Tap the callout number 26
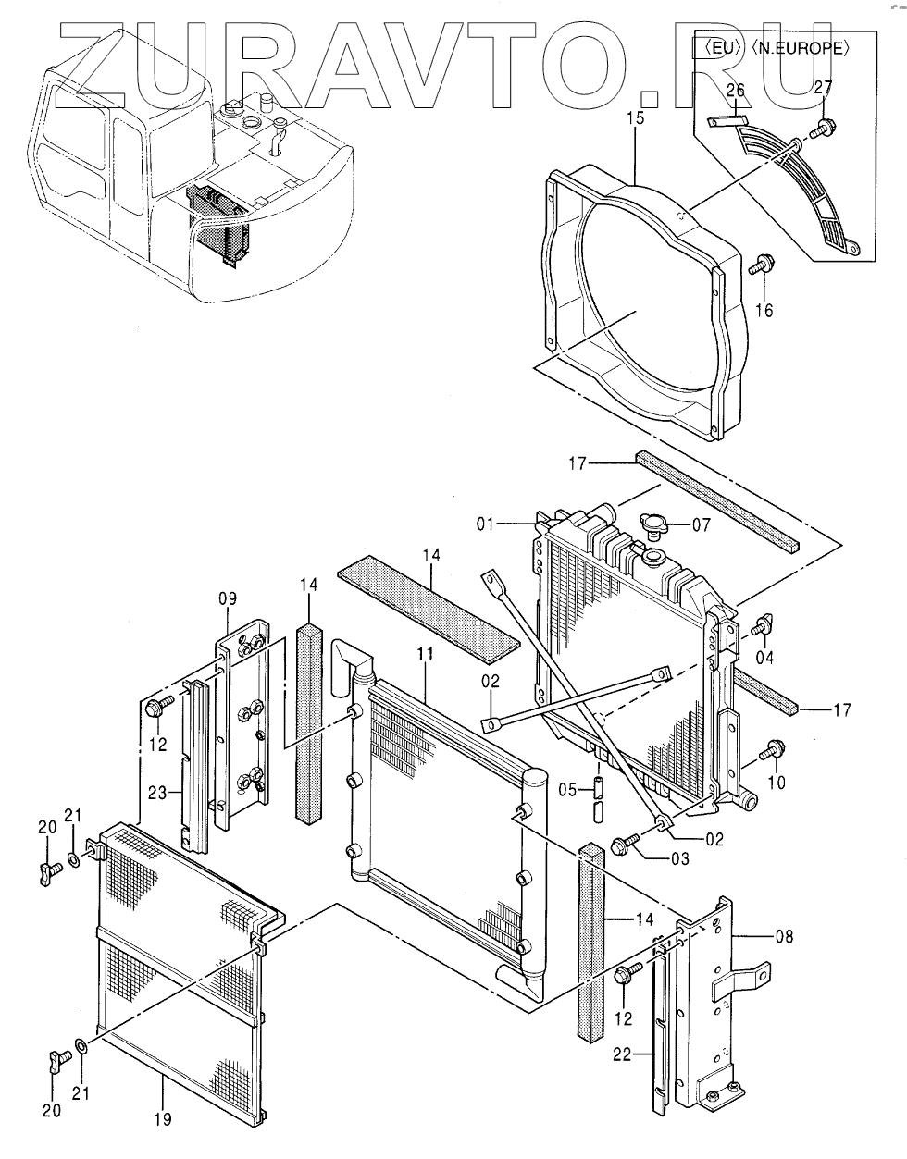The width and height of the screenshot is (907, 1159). pyautogui.click(x=735, y=91)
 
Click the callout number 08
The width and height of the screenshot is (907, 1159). pyautogui.click(x=784, y=936)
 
